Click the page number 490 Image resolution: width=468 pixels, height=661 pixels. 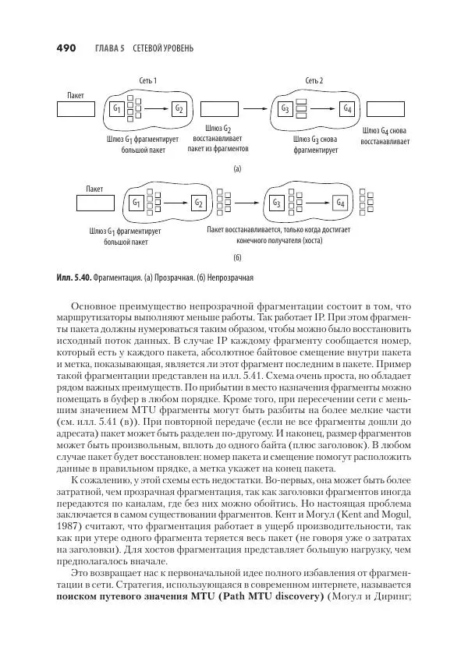click(x=65, y=48)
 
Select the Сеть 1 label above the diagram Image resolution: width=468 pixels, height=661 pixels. click(x=148, y=81)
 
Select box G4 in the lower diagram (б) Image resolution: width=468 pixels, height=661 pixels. click(x=340, y=203)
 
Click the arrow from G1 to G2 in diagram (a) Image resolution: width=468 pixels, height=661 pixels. click(x=157, y=108)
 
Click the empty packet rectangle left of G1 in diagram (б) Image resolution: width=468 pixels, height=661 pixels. click(x=96, y=203)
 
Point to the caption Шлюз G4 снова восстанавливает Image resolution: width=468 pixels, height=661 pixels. click(x=384, y=136)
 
